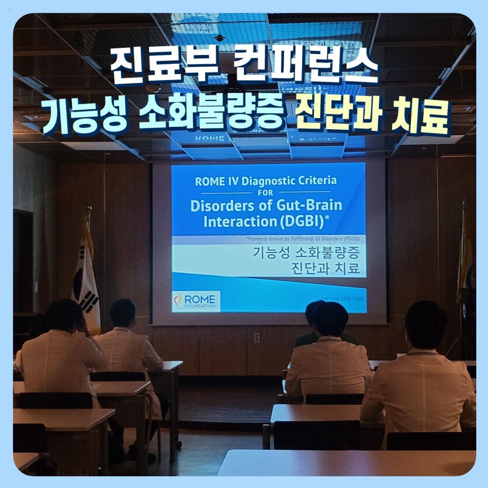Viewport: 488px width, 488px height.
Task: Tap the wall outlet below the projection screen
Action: tap(257, 338)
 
